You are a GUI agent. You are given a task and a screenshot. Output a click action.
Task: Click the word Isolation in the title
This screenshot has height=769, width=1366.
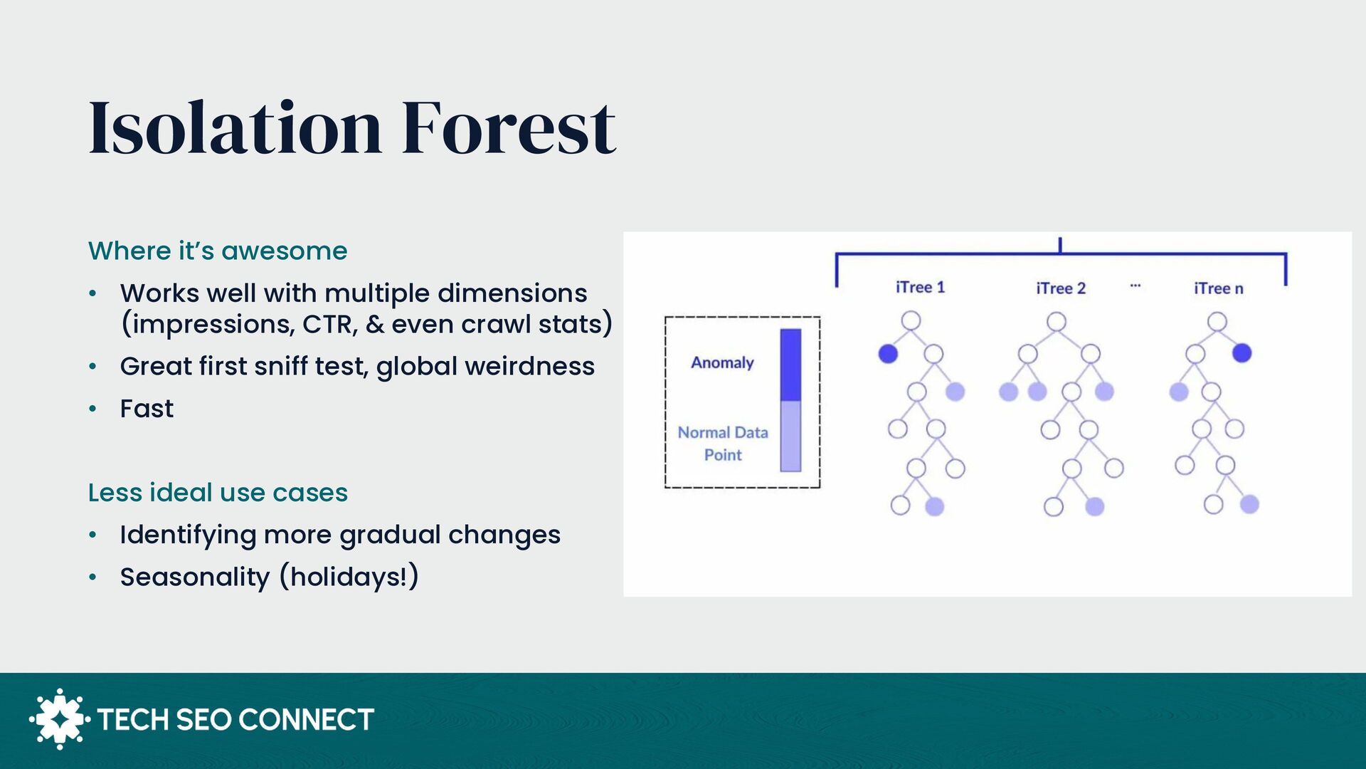tap(235, 127)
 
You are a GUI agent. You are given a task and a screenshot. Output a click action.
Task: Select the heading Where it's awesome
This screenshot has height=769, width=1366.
tap(218, 251)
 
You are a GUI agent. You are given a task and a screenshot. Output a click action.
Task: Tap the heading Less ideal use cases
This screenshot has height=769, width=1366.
tap(218, 492)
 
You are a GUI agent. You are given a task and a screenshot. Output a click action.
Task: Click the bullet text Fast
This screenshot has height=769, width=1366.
tap(147, 409)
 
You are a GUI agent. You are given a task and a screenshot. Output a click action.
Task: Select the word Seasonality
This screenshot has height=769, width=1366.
tap(195, 577)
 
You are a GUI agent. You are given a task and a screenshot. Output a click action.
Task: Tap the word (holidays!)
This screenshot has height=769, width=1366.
tap(349, 577)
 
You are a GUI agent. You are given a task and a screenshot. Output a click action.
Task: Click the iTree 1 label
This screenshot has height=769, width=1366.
tap(920, 287)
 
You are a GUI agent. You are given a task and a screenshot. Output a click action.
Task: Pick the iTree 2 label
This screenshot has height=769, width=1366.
tap(1061, 288)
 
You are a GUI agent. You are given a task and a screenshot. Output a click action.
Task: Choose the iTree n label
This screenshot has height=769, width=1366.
tap(1219, 288)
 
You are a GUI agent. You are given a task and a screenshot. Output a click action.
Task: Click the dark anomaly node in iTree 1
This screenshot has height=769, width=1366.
tap(888, 353)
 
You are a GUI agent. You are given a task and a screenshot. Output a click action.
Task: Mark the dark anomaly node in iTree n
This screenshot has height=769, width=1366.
tap(1241, 352)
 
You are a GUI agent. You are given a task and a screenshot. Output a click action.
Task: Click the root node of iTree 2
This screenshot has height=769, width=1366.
tap(1057, 322)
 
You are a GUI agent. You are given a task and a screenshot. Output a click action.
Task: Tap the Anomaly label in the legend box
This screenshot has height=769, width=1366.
tap(722, 363)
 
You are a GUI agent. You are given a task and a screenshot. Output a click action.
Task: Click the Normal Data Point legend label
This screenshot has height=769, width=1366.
tap(723, 443)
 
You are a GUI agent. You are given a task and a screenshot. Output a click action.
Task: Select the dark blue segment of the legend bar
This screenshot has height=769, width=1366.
tap(790, 365)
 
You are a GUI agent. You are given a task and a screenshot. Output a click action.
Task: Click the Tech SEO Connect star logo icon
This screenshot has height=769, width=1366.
tap(60, 719)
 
